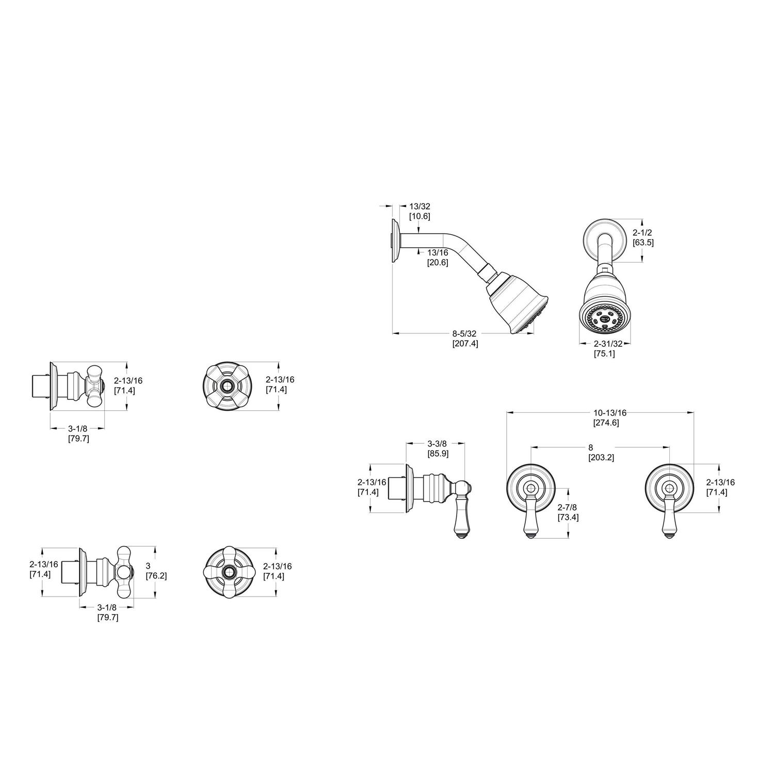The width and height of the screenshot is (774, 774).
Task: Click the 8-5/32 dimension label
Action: tap(464, 334)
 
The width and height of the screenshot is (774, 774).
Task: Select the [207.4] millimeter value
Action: tap(465, 344)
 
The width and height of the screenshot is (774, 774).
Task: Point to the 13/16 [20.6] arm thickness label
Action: tap(437, 257)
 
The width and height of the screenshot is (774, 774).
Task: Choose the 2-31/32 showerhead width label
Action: tap(604, 344)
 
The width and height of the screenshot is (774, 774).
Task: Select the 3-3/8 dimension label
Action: tap(437, 444)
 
